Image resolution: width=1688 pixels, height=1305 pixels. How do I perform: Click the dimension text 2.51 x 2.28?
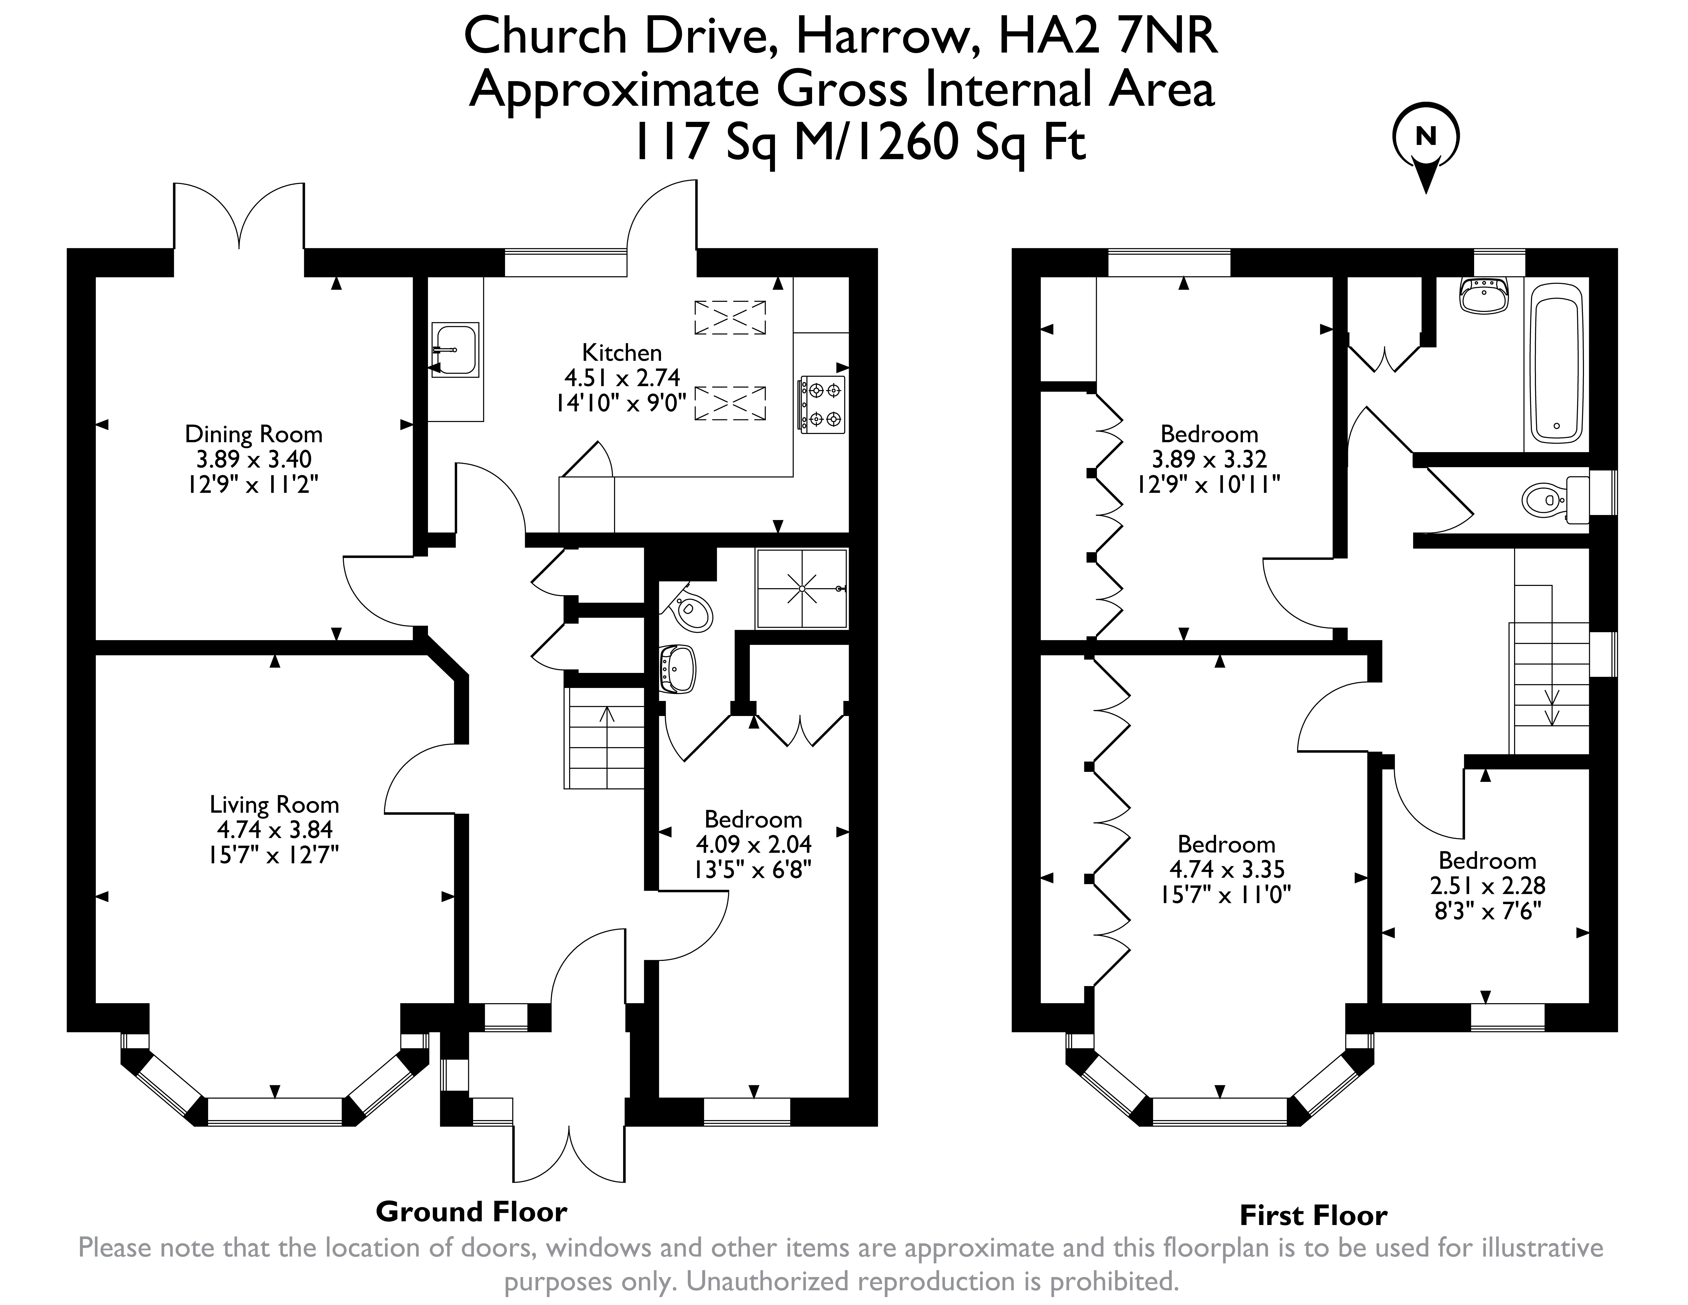click(1488, 885)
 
